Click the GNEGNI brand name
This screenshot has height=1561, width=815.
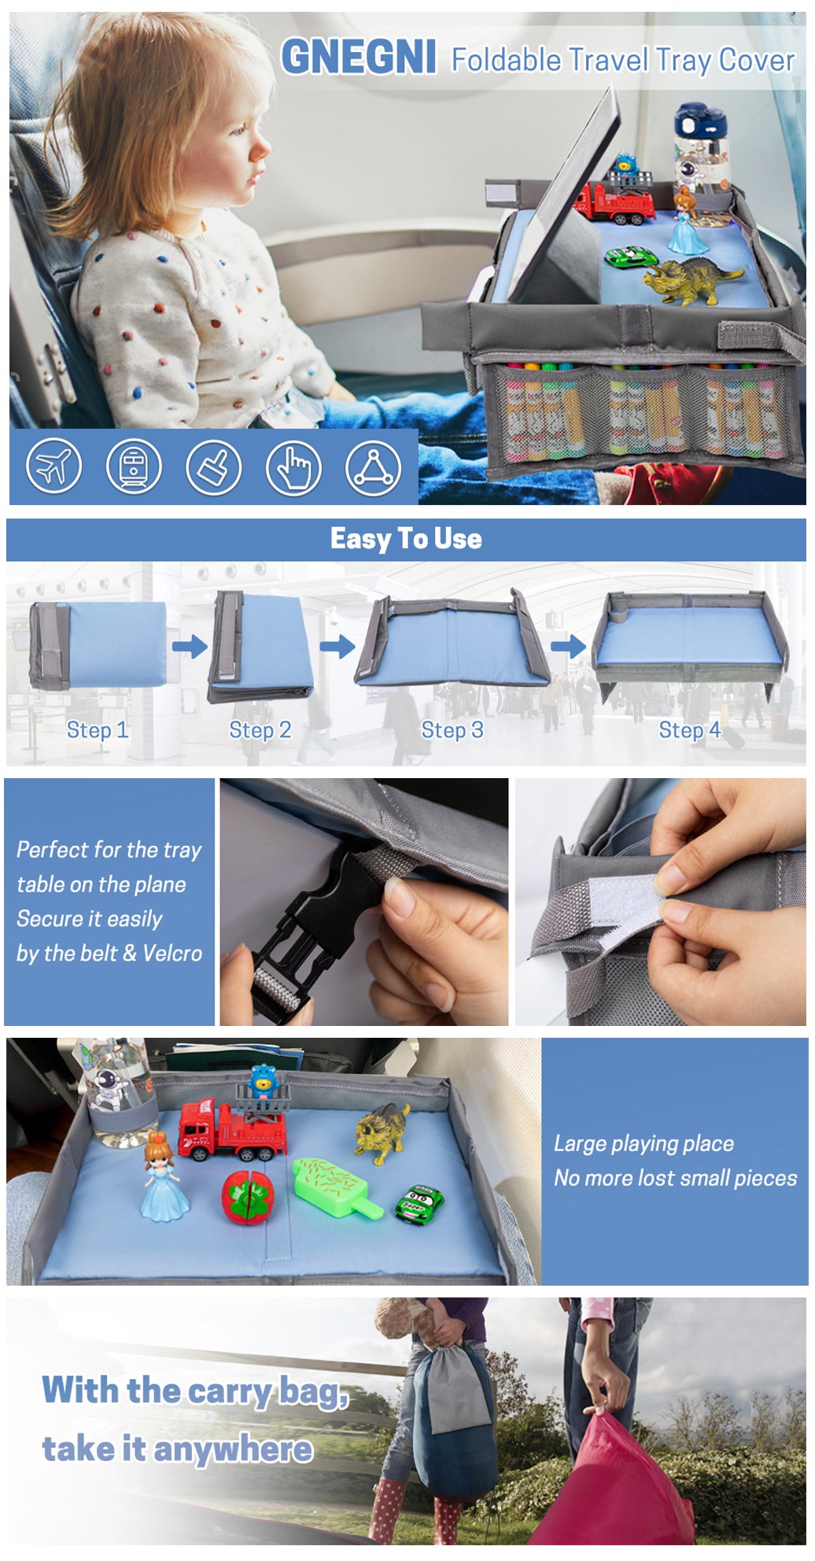(x=359, y=57)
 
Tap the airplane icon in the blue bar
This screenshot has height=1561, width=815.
(x=53, y=466)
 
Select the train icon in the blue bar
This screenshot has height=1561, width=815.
(x=134, y=466)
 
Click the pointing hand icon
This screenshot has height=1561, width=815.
(x=293, y=467)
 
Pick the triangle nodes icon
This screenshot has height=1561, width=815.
(x=374, y=467)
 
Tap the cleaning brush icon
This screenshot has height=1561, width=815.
(x=214, y=467)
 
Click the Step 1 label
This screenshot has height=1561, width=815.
(x=97, y=730)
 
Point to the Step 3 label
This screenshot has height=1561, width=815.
(x=452, y=730)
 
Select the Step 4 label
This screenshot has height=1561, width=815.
(x=690, y=730)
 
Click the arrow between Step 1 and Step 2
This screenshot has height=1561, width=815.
(x=190, y=648)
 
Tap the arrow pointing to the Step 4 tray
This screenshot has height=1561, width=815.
(x=568, y=648)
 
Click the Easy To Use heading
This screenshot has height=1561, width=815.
(x=406, y=539)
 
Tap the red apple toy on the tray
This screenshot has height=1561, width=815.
(x=246, y=1198)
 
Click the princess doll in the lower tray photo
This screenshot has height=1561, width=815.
(x=164, y=1177)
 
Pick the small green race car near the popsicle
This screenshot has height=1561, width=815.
(x=419, y=1204)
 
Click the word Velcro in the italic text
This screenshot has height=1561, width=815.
(x=172, y=954)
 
